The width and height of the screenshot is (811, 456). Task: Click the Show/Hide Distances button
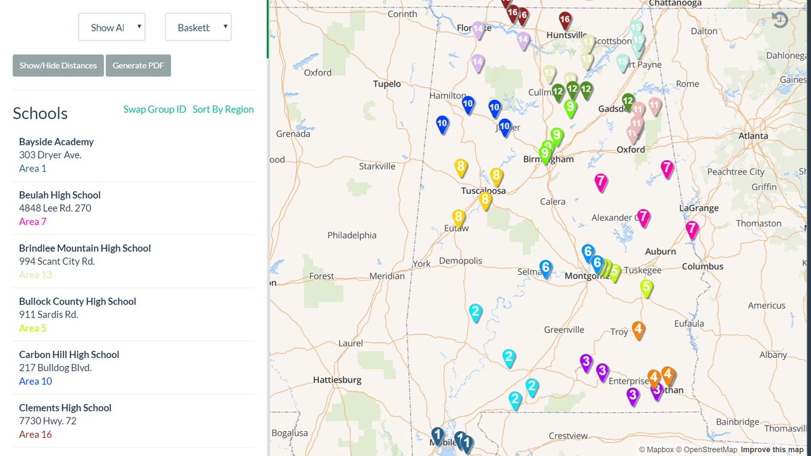pos(58,66)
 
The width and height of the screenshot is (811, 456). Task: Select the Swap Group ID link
pos(154,109)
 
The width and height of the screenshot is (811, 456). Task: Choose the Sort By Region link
pos(223,109)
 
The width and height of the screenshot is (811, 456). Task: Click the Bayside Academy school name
pos(56,142)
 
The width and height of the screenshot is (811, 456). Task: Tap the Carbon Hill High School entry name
pos(69,355)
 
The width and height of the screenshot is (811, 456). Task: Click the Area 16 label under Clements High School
pos(35,434)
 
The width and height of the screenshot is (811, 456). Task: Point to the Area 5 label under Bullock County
pos(32,328)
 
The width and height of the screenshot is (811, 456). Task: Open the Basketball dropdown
pos(198,28)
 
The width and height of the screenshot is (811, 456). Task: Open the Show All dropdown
pos(112,28)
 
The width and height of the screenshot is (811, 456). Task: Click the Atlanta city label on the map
pos(753,136)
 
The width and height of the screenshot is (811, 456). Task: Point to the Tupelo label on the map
pos(387,84)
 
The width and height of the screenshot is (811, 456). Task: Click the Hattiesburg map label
pos(337,380)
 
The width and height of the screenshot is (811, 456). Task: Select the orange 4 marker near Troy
pos(637,329)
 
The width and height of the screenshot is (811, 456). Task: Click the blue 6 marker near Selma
pos(545,268)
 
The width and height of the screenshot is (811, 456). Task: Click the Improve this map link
pos(772,450)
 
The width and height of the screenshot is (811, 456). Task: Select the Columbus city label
pos(702,267)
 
